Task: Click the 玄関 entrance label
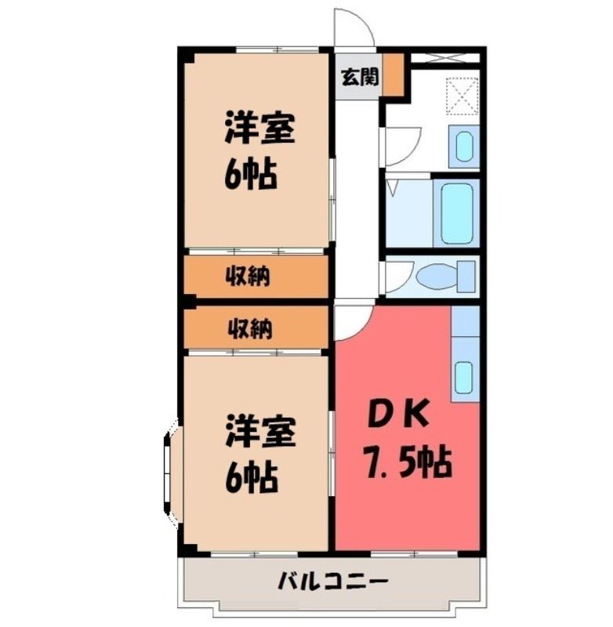tap(360, 77)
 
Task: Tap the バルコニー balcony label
tap(333, 582)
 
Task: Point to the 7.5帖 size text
tap(407, 464)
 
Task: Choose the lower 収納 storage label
tap(250, 328)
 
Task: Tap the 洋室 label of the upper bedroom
tap(260, 129)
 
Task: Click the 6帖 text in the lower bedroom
tap(251, 477)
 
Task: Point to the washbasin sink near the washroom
tap(464, 147)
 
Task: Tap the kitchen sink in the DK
tap(465, 377)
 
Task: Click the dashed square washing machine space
tap(462, 96)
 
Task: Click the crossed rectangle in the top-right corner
tap(445, 57)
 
